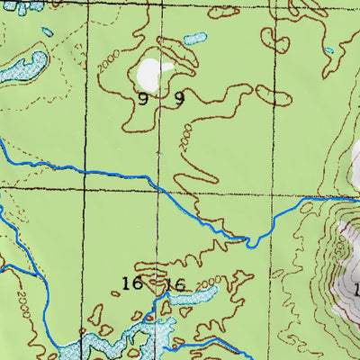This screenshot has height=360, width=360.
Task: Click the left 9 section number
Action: [x=143, y=99]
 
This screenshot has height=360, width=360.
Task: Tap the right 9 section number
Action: [x=179, y=99]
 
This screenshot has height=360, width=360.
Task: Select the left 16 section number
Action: [x=131, y=284]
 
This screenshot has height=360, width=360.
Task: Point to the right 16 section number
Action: [x=175, y=285]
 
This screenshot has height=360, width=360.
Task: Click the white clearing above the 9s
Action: [x=154, y=70]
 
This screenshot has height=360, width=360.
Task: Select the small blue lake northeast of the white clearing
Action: [x=193, y=39]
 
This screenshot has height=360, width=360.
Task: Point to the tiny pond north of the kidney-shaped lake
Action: [x=46, y=32]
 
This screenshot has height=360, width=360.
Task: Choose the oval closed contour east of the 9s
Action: [x=273, y=96]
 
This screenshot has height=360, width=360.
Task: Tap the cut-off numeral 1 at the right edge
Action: [x=356, y=290]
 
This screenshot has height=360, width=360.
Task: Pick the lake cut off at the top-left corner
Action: [x=18, y=4]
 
